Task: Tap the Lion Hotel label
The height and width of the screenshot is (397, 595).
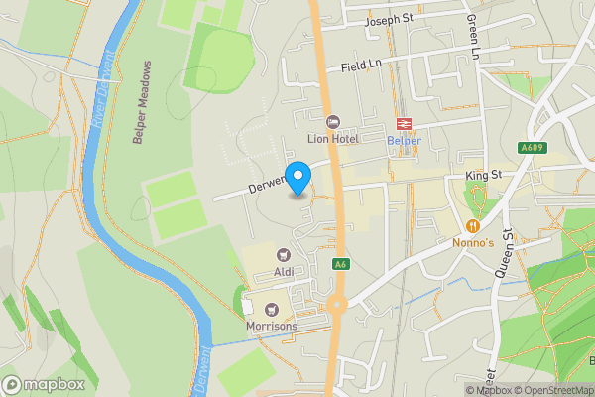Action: point(331,139)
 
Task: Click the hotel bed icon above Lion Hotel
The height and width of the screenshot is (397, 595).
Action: point(332,121)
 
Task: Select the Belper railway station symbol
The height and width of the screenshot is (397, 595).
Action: point(404,123)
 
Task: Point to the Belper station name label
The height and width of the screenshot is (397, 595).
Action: point(404,141)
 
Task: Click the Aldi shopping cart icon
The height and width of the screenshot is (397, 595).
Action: point(283,255)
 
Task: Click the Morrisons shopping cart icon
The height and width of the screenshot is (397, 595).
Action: point(270,307)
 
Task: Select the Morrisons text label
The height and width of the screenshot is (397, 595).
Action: point(270,325)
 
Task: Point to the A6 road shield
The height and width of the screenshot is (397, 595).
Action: point(340,264)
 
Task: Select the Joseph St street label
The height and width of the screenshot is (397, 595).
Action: point(388,20)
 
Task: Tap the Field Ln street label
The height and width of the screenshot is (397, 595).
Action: point(362,65)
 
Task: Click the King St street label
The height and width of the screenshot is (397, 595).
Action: point(486,176)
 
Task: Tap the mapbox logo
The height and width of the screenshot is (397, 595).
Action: point(44,384)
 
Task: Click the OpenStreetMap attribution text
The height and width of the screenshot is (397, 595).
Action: point(551,390)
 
